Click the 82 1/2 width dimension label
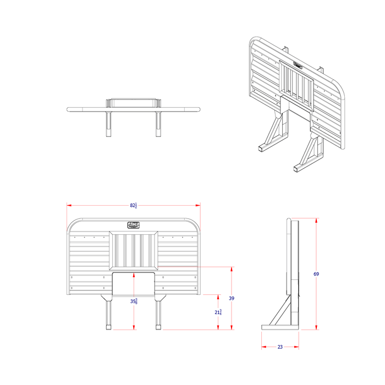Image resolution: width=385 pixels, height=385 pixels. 134,206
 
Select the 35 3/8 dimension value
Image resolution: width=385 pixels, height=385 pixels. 134,301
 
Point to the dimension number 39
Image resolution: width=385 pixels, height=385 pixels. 232,298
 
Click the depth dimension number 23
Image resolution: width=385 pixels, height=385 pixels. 280,347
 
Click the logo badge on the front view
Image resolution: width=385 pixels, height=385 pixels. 134,224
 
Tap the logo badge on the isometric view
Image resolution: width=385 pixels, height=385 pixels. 298,64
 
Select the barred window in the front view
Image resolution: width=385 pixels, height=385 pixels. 134,251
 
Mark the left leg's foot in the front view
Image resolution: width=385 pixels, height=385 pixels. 108,328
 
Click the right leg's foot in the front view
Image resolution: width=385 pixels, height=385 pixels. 158,328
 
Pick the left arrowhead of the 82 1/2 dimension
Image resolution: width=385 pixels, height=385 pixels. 69,206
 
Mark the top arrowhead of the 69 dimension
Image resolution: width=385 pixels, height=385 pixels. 316,221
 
